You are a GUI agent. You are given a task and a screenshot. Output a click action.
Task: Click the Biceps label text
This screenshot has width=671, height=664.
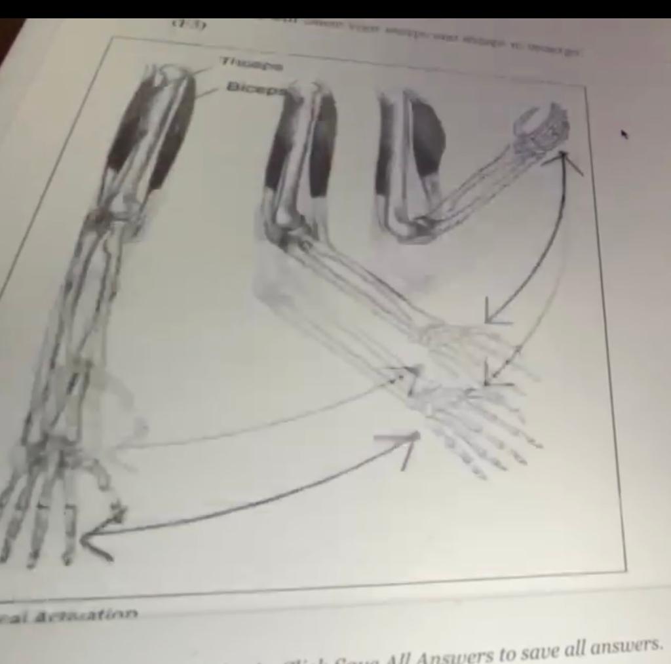click(x=256, y=88)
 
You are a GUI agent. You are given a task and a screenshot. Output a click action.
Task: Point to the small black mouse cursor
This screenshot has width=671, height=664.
click(x=624, y=134)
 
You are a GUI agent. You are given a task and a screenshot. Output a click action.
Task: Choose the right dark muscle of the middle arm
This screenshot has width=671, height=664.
click(x=323, y=147)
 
